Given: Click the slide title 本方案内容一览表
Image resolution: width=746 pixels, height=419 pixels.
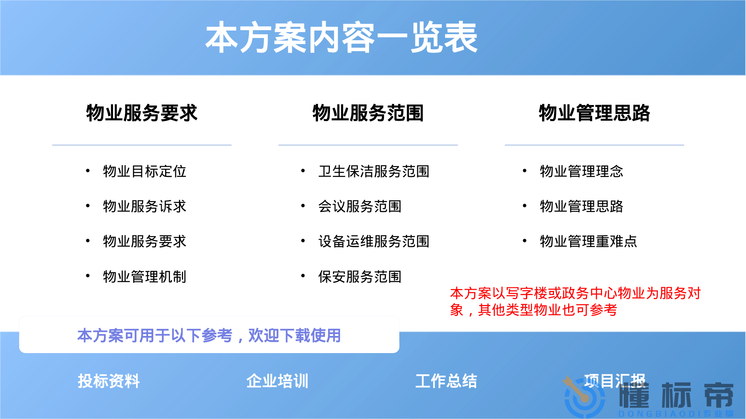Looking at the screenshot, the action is (x=341, y=37).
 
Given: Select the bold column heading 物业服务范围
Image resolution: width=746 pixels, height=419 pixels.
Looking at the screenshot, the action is (x=368, y=113).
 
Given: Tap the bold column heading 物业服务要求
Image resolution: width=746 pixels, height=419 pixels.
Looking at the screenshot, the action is (x=142, y=113).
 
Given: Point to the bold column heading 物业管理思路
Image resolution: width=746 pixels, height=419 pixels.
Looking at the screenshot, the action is (x=594, y=113).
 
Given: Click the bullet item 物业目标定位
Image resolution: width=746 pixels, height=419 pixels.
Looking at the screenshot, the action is (x=145, y=171).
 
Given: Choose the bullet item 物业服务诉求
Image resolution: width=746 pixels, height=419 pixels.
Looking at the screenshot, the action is (x=145, y=206).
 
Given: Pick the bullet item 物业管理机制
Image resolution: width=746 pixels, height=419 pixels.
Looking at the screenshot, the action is (x=145, y=277).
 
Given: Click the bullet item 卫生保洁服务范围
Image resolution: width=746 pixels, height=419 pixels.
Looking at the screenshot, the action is (x=374, y=171).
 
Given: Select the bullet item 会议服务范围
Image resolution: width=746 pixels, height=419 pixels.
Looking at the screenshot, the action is (x=360, y=206).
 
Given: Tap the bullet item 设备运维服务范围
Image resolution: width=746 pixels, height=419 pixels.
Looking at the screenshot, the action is (x=374, y=241).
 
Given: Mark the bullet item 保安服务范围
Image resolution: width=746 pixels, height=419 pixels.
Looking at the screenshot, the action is (x=360, y=277).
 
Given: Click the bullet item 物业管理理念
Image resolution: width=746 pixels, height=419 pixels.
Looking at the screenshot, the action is (x=582, y=171).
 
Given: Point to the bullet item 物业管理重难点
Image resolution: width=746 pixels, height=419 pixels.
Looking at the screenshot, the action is (x=589, y=241).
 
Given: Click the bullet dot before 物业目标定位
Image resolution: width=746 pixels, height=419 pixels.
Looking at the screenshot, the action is (x=88, y=171).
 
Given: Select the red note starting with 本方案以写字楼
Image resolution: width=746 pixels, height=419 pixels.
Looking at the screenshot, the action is (x=575, y=301).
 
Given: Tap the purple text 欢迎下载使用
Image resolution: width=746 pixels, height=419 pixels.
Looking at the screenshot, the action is (x=295, y=335).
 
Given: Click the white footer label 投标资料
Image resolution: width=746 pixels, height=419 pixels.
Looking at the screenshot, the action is (x=108, y=381).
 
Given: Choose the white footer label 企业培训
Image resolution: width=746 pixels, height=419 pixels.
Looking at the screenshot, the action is (x=277, y=381).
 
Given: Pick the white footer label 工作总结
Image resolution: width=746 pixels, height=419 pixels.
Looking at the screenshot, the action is (x=446, y=381).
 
